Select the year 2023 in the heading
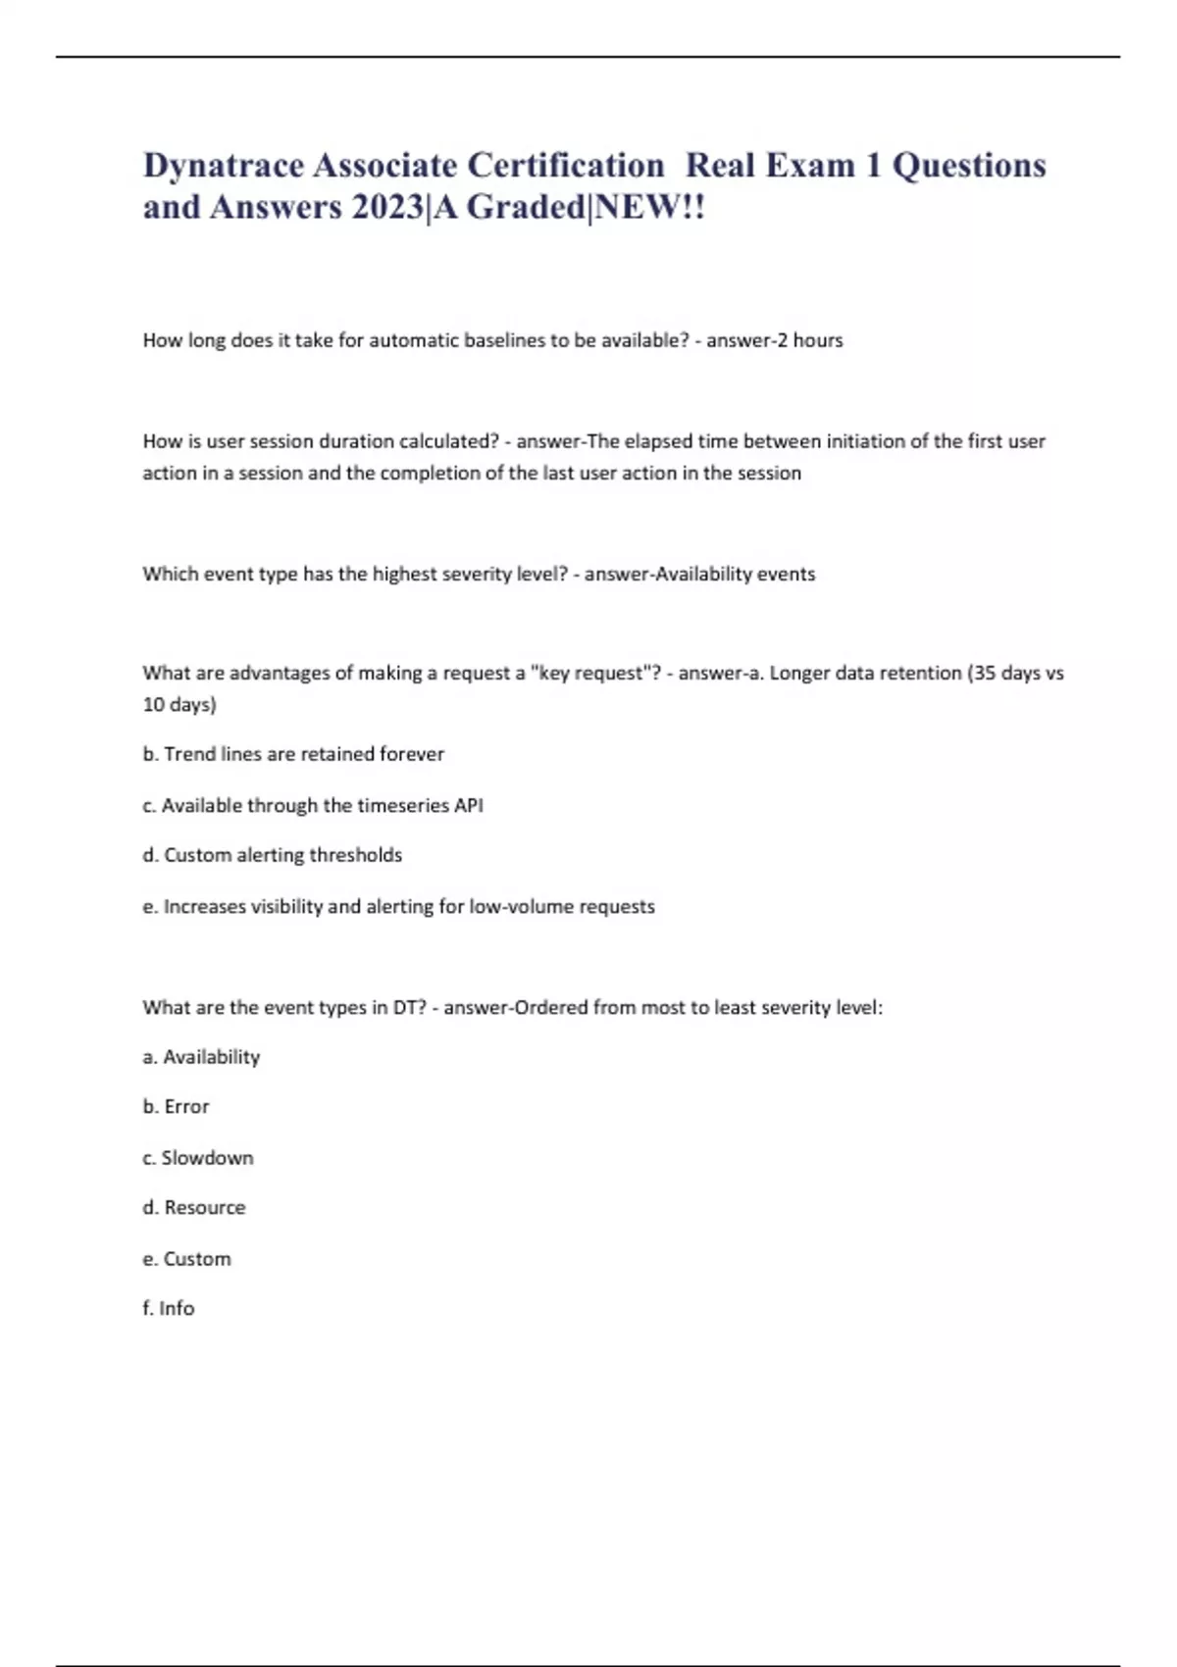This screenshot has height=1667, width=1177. [x=385, y=208]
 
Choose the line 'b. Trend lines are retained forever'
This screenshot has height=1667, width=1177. [x=293, y=754]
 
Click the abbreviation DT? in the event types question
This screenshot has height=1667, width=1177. [x=409, y=1007]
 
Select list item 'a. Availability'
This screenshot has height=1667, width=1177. [x=201, y=1057]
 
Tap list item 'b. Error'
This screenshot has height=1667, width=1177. [x=176, y=1106]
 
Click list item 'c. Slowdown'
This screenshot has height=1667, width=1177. [x=198, y=1158]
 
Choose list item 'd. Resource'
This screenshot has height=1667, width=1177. [x=194, y=1207]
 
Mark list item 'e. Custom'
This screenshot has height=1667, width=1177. [x=186, y=1258]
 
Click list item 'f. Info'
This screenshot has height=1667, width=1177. [x=169, y=1308]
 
